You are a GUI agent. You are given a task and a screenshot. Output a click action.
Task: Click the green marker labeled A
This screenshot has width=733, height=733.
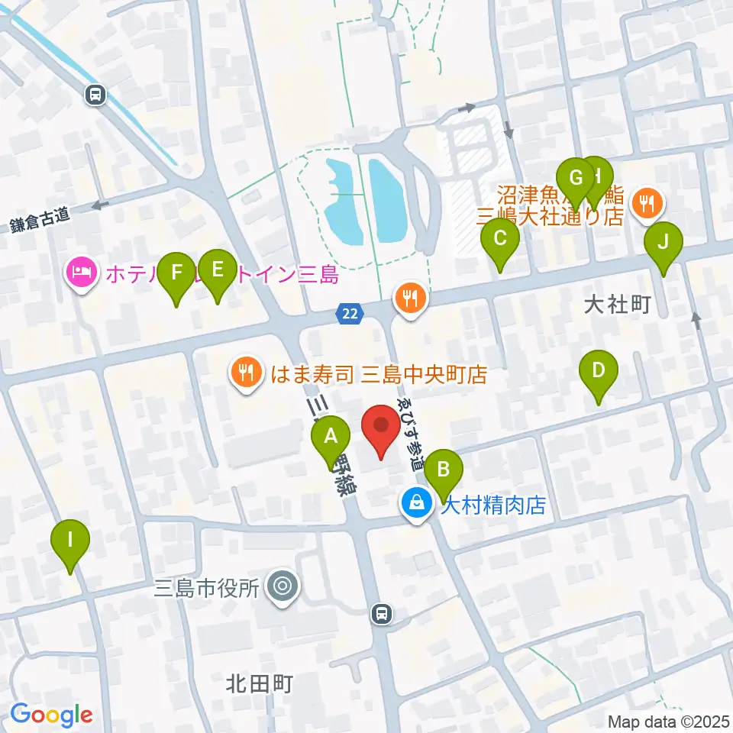331,438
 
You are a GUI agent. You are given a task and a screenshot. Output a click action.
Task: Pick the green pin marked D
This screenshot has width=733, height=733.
599,372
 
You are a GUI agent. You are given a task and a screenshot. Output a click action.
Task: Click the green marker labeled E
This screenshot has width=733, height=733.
217,270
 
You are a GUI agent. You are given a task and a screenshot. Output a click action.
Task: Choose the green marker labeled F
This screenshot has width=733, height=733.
176,273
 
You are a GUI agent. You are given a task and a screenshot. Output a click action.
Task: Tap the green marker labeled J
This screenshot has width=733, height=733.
663,243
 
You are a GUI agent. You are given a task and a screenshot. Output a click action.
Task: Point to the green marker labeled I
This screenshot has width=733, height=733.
70,541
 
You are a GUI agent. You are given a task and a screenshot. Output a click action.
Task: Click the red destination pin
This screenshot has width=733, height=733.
380,426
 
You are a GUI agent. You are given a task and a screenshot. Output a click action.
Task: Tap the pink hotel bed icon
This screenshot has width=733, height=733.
82,271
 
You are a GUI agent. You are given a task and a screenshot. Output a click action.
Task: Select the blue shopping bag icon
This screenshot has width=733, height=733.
417,503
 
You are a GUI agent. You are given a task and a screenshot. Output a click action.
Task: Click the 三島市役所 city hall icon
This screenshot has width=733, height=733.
283,587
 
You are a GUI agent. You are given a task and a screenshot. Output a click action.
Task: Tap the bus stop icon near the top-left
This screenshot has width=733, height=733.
95,94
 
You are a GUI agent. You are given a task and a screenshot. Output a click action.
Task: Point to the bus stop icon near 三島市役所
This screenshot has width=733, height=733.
380,612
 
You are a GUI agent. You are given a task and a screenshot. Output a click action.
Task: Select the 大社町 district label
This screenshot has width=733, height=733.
616,305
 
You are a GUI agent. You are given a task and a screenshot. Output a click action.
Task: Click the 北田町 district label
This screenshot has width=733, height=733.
260,683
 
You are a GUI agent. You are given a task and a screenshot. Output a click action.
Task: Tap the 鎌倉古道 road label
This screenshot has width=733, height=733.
40,220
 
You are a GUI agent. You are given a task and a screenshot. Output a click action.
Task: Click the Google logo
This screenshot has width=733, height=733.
51,715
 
